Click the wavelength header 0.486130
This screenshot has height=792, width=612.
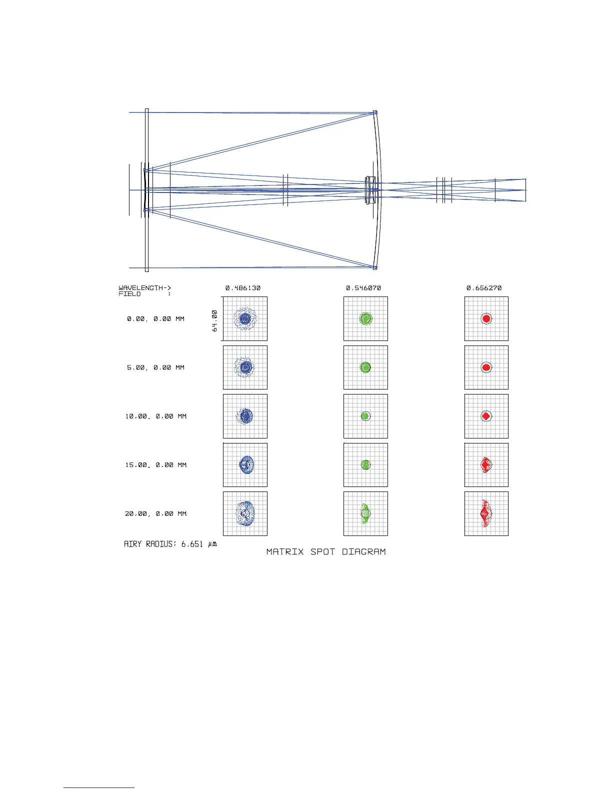(x=243, y=288)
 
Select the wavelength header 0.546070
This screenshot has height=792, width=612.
(x=363, y=288)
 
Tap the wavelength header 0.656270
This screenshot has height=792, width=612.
(x=484, y=288)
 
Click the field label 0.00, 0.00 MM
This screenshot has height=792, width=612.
(x=155, y=319)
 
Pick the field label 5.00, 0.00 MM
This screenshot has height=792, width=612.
(x=155, y=367)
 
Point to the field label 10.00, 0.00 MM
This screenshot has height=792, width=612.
(x=155, y=416)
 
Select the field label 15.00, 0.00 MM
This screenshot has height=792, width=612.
(x=155, y=464)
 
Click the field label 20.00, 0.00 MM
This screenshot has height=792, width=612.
(x=155, y=513)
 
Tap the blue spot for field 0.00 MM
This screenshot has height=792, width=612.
(x=245, y=318)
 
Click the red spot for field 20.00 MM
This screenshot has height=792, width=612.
(x=485, y=513)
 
